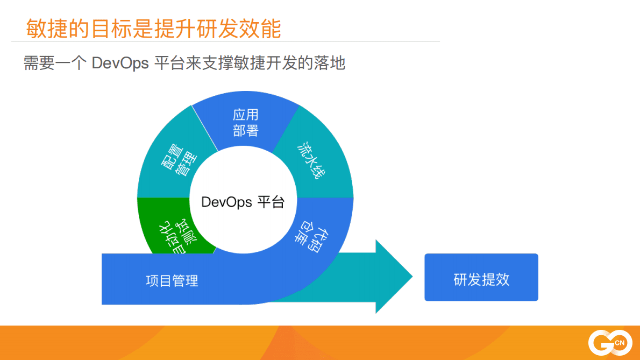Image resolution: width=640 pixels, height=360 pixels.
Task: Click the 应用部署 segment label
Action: click(x=246, y=123)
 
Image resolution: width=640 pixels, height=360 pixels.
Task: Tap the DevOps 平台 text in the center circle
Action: click(x=243, y=202)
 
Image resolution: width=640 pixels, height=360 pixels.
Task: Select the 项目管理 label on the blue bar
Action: click(x=172, y=280)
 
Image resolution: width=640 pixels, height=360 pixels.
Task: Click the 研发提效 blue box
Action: click(x=481, y=278)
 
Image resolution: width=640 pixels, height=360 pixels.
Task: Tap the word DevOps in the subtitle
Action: click(x=120, y=63)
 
